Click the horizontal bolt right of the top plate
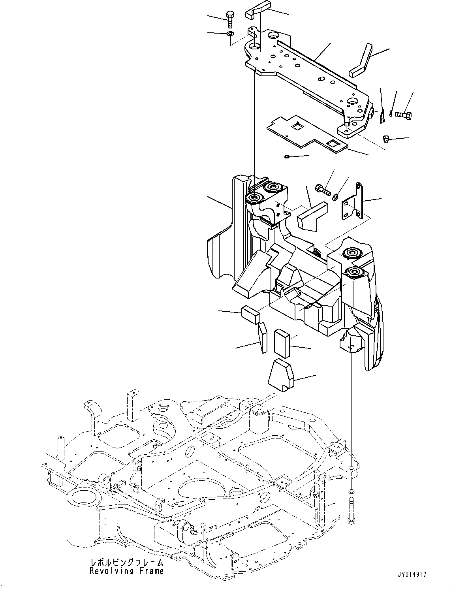[403, 115]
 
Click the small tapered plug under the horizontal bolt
[386, 139]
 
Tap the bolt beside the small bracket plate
[323, 189]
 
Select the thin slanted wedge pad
[263, 337]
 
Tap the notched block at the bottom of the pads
[281, 375]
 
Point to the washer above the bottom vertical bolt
[351, 492]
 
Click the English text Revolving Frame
[126, 571]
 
